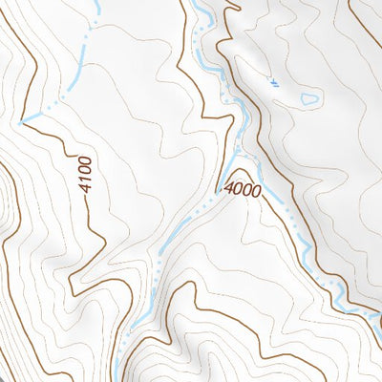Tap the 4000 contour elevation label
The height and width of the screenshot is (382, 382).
(x=243, y=190)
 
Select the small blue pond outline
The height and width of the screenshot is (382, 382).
(x=309, y=98)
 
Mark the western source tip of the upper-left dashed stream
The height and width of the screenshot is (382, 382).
(x=21, y=121)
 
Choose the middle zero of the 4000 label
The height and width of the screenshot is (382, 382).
(x=247, y=190)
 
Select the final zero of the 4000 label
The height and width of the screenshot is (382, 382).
(x=256, y=190)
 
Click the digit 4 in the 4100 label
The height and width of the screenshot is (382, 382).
(x=87, y=188)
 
